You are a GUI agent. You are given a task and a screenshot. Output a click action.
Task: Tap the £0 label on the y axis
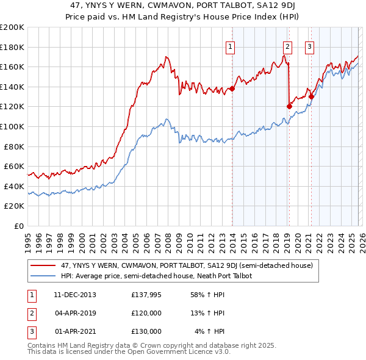pos(19,226)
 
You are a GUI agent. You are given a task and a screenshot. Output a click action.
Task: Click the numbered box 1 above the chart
pos(231,46)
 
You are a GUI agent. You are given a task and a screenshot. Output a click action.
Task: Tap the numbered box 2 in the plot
pos(287,46)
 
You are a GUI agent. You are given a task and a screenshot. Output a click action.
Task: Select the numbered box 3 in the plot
pos(309,46)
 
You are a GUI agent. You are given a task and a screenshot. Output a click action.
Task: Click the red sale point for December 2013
pos(232,88)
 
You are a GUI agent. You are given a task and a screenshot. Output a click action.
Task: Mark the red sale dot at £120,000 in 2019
pos(289,106)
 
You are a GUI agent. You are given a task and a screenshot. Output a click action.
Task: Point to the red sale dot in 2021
pos(311,96)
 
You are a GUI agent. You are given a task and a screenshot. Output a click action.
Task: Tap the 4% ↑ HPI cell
pos(209,331)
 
